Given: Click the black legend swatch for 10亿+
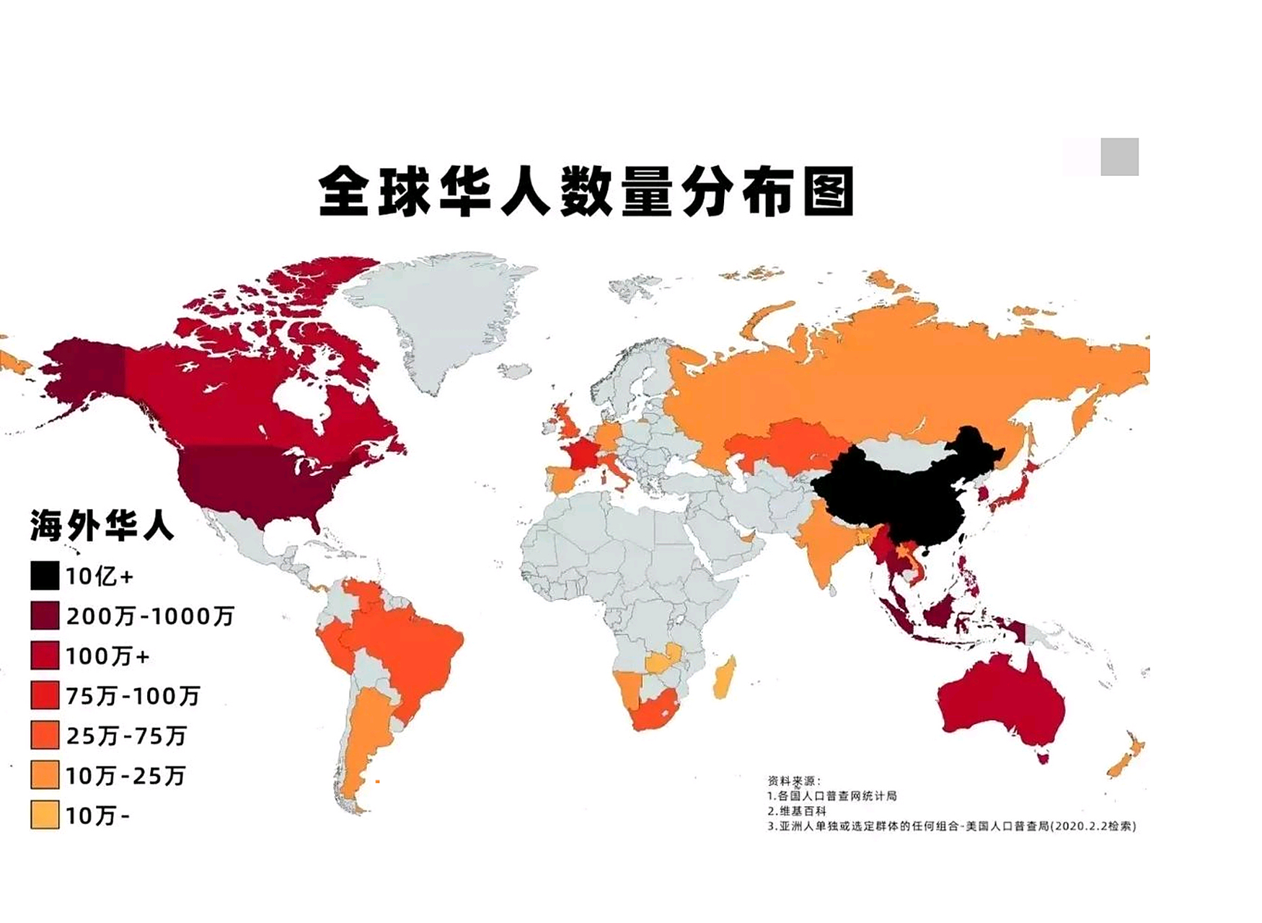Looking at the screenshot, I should coord(45,576).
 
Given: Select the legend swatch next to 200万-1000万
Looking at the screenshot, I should coord(45,616).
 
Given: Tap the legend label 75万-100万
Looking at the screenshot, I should coord(133,696).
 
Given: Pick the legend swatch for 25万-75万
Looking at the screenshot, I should coord(45,736).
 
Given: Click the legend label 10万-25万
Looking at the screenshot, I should coord(125,776).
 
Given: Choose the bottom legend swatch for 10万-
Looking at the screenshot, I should coord(45,816).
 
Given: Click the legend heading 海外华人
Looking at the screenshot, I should coord(102,526).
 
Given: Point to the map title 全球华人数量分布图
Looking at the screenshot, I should coord(586,192).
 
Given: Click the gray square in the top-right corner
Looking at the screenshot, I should coord(1119,156).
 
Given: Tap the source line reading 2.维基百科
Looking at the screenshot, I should coord(797,811).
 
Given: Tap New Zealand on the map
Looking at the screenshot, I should coord(1125,757).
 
